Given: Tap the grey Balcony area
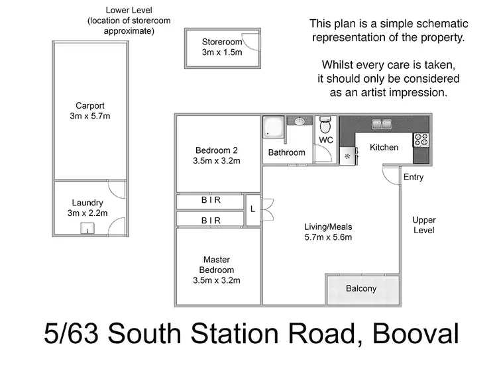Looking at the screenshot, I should pos(362,289).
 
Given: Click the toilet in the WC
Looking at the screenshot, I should pos(325,126).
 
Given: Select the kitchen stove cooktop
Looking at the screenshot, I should pos(421,140).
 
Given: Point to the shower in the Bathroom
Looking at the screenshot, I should pos(273,128).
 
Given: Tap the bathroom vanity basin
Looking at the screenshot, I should pos(299,121).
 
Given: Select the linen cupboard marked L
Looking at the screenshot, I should pos(252,209).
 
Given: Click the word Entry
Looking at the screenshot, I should pos(413,177).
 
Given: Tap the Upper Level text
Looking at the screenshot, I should pos(423,225).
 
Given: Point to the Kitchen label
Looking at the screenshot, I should pos(384,147).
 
